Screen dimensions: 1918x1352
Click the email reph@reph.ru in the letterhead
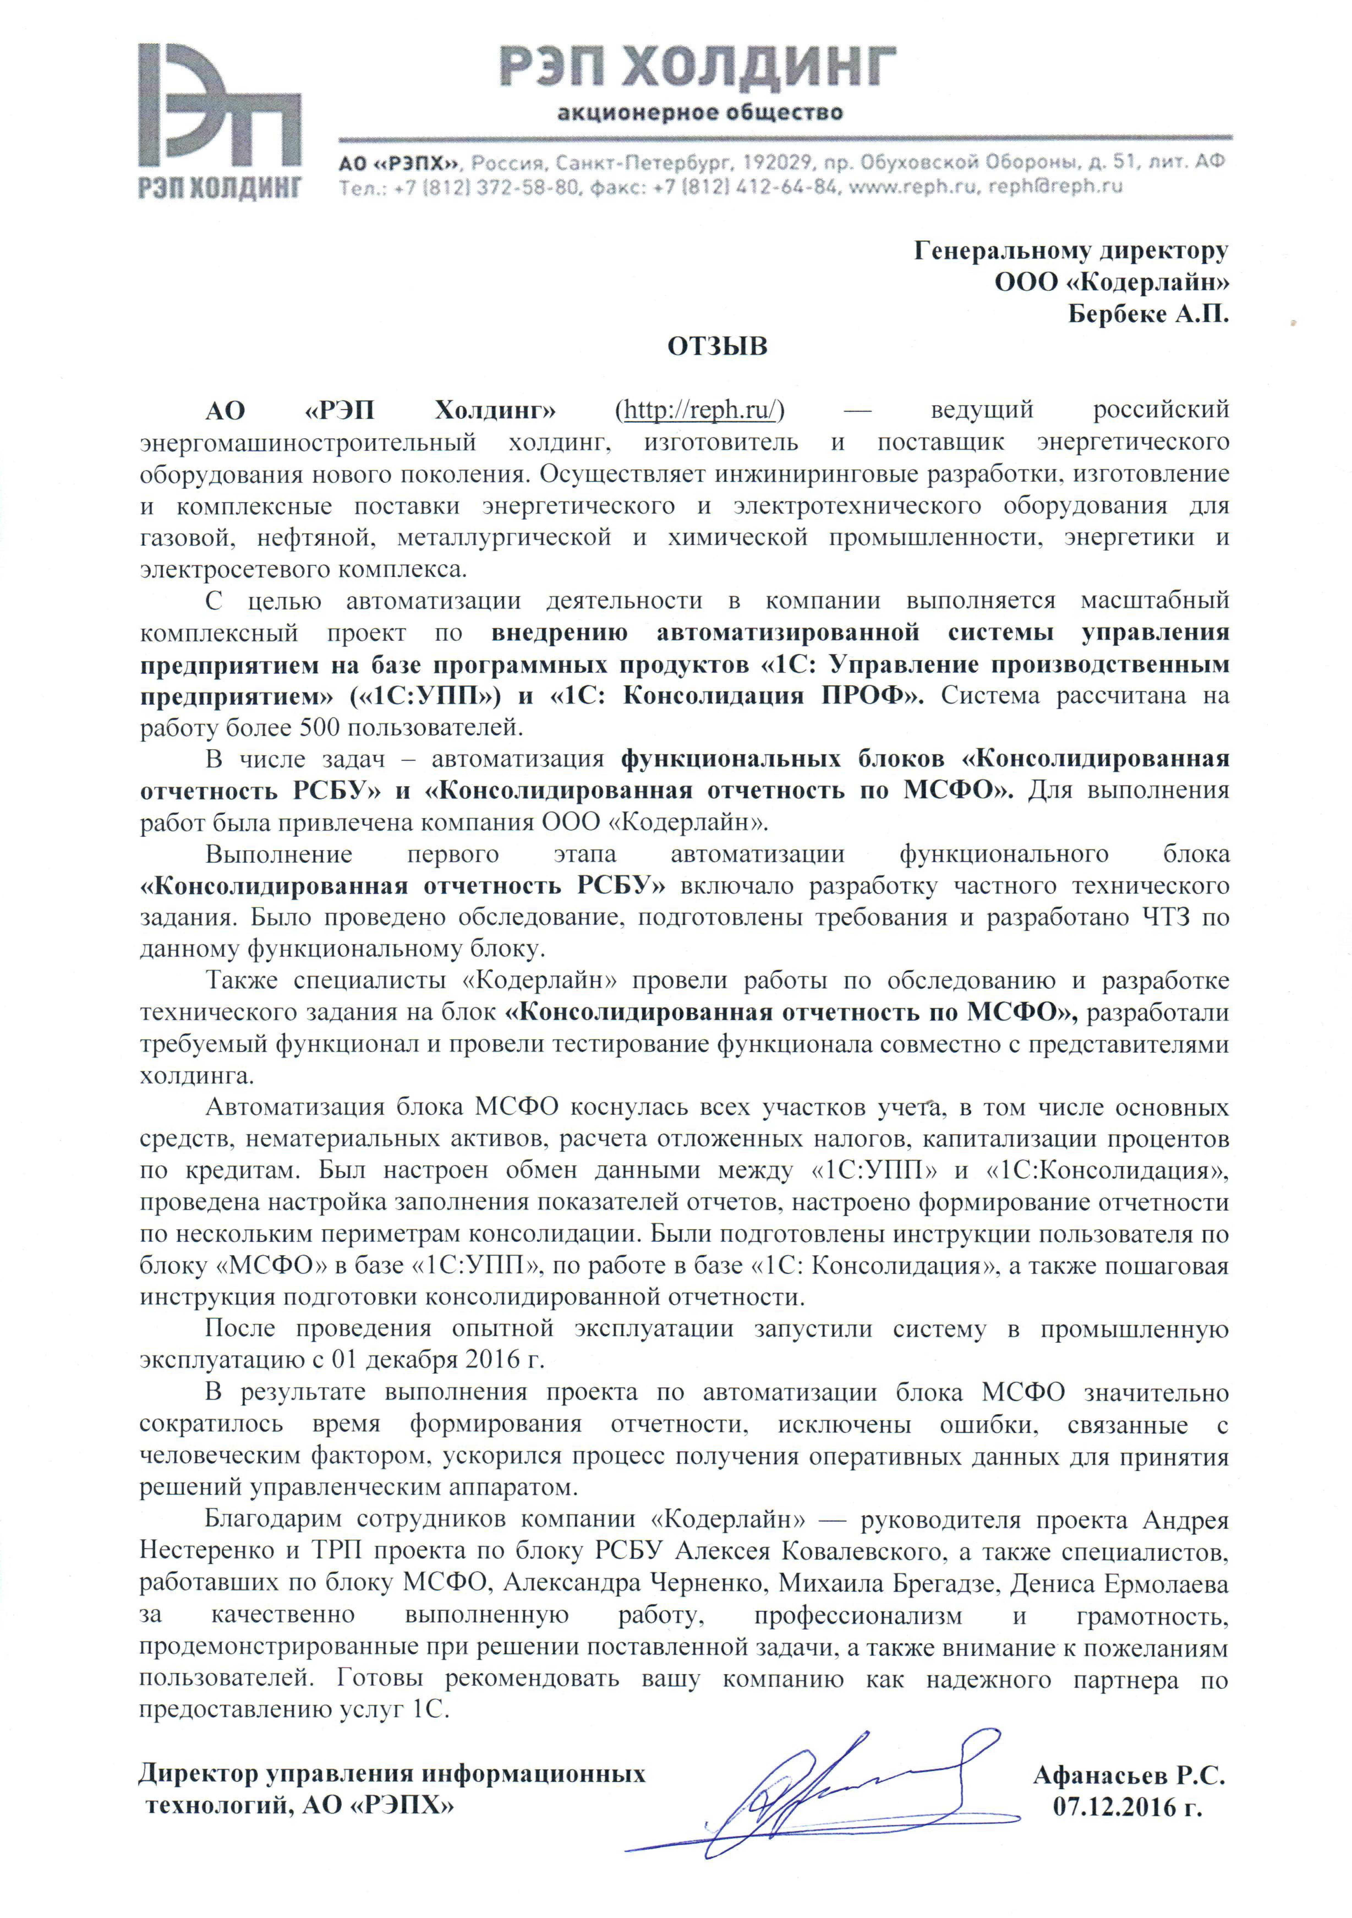tap(1055, 186)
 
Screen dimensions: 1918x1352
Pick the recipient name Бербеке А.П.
tap(1148, 314)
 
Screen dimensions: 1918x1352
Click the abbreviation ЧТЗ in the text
tap(1166, 917)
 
